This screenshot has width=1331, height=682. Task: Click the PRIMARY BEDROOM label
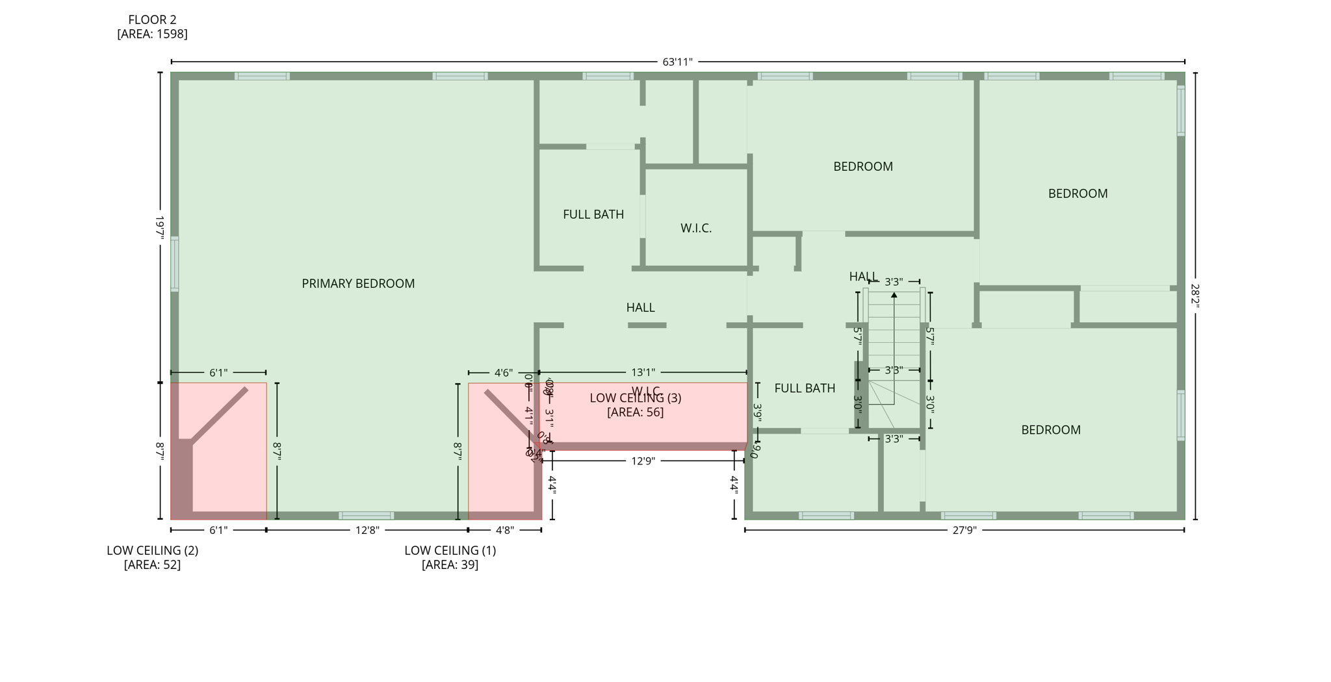pyautogui.click(x=358, y=283)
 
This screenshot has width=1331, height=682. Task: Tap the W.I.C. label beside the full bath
pyautogui.click(x=696, y=228)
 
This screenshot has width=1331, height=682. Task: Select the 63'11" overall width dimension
pyautogui.click(x=677, y=62)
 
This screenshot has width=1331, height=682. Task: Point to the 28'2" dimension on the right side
pyautogui.click(x=1195, y=296)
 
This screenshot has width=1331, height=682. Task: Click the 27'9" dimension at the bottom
pyautogui.click(x=964, y=530)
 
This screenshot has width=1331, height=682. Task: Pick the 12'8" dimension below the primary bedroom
pyautogui.click(x=367, y=530)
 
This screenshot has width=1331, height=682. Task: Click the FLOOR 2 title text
pyautogui.click(x=152, y=20)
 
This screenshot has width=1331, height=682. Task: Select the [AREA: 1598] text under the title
pyautogui.click(x=152, y=34)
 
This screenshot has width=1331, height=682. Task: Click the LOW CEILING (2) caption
pyautogui.click(x=152, y=550)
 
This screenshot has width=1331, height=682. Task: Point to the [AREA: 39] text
pyautogui.click(x=450, y=564)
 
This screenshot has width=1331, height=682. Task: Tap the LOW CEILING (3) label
pyautogui.click(x=636, y=398)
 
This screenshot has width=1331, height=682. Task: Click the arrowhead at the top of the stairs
pyautogui.click(x=894, y=295)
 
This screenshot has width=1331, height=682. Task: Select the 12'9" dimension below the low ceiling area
pyautogui.click(x=643, y=461)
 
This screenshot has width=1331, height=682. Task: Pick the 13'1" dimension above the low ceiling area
pyautogui.click(x=643, y=372)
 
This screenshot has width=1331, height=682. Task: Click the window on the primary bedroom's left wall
pyautogui.click(x=175, y=264)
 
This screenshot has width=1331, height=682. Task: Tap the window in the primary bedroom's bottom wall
pyautogui.click(x=367, y=516)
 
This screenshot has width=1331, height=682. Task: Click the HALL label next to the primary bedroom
pyautogui.click(x=640, y=307)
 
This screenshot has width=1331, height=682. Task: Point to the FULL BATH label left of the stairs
pyautogui.click(x=805, y=388)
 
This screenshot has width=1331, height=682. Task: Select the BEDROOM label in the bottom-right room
pyautogui.click(x=1050, y=429)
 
